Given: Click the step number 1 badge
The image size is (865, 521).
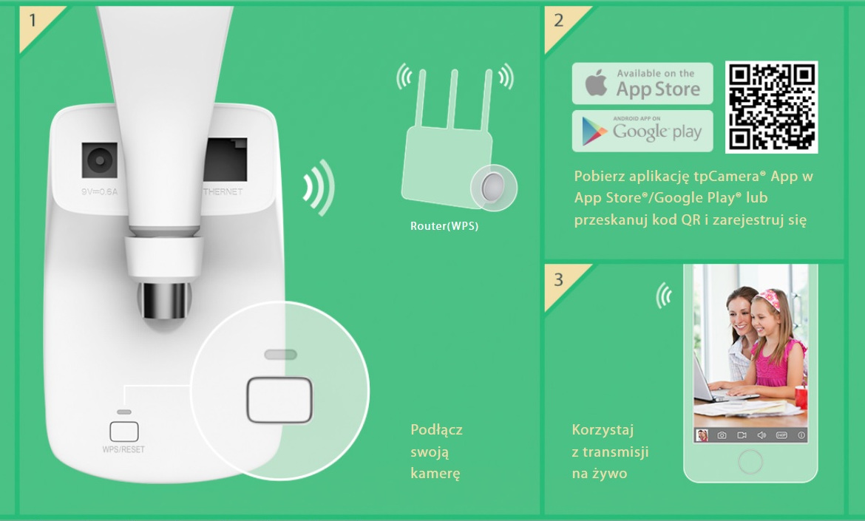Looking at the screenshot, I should [x=32, y=20].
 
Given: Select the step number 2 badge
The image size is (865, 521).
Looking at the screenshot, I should [x=558, y=20].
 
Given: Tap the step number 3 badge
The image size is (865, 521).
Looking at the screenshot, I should [x=558, y=280].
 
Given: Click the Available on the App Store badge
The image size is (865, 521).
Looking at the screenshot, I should [x=642, y=83].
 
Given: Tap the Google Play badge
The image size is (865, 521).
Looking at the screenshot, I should [x=642, y=132].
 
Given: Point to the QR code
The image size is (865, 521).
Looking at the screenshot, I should [x=771, y=106].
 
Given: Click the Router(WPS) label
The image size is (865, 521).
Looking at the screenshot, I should [x=444, y=227].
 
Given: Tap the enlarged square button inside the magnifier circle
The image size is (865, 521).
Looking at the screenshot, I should [x=279, y=400].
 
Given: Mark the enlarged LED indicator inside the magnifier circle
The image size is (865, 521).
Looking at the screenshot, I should [x=280, y=355].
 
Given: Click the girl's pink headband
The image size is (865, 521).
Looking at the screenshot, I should [x=770, y=299].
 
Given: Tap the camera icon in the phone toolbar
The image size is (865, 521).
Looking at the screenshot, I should [x=722, y=435].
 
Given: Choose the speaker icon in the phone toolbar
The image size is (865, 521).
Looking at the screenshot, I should [x=761, y=435].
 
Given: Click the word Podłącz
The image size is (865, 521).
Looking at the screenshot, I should [x=436, y=430].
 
